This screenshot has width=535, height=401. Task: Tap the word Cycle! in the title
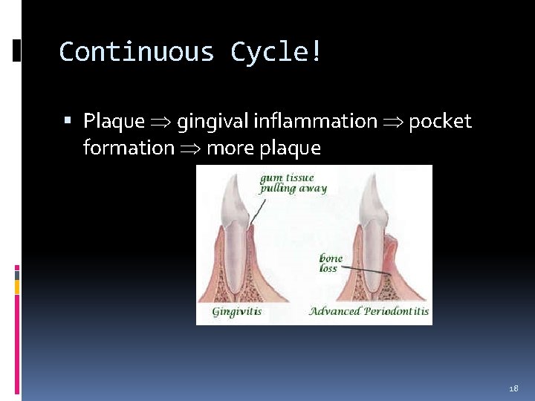pyautogui.click(x=276, y=52)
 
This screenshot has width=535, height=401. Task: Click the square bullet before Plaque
pyautogui.click(x=68, y=120)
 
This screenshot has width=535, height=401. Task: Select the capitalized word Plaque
pyautogui.click(x=114, y=121)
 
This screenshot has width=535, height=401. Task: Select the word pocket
pyautogui.click(x=440, y=121)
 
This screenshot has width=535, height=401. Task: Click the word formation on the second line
pyautogui.click(x=128, y=148)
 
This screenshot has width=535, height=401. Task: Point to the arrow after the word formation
pyautogui.click(x=190, y=149)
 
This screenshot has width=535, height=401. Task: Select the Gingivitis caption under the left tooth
pyautogui.click(x=236, y=311)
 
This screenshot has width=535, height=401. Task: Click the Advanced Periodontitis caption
pyautogui.click(x=369, y=311)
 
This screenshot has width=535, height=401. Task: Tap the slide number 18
pyautogui.click(x=513, y=388)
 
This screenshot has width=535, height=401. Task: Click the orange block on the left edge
pyautogui.click(x=17, y=285)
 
